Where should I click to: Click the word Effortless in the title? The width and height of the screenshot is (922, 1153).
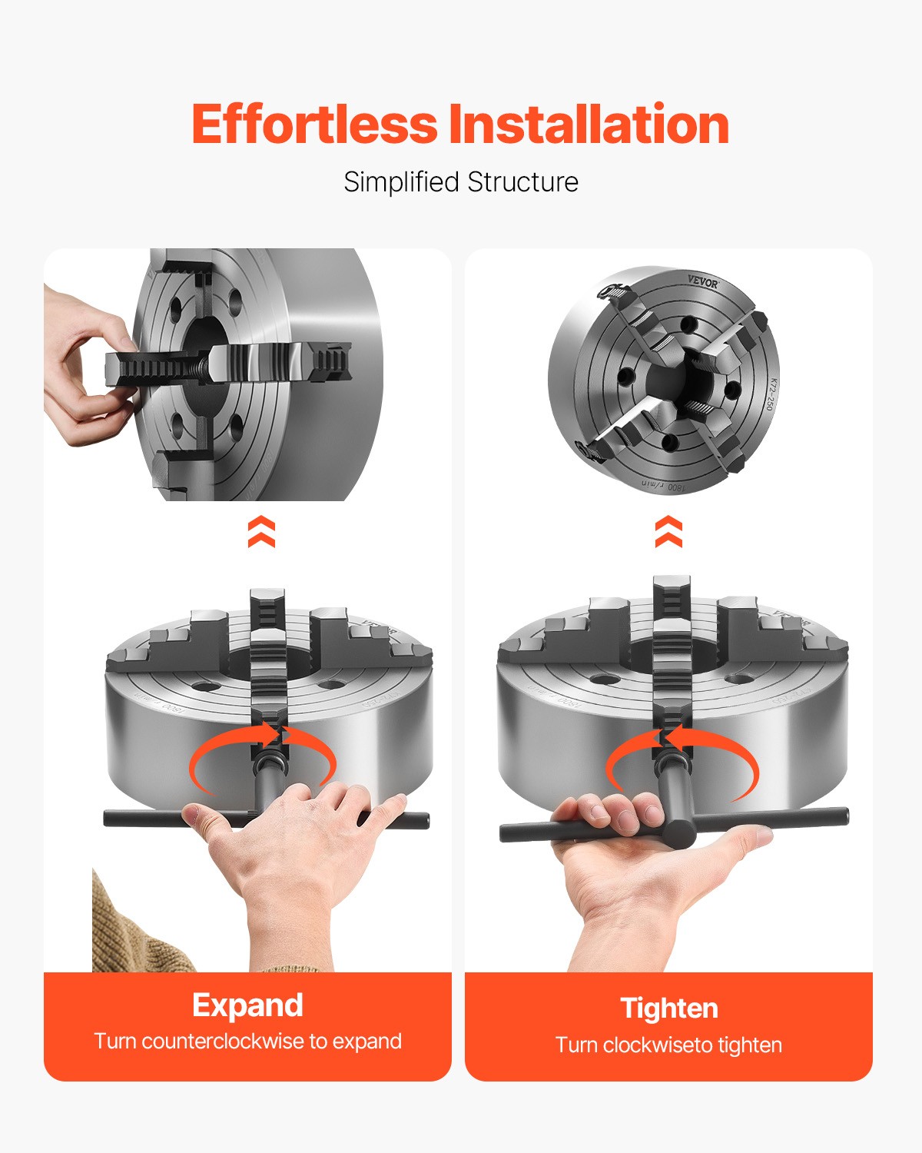pyautogui.click(x=314, y=125)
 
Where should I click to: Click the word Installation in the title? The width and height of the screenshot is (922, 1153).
pyautogui.click(x=589, y=125)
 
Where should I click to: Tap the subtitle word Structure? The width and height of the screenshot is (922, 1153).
pyautogui.click(x=522, y=182)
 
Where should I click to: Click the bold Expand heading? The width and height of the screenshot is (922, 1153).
pyautogui.click(x=247, y=1005)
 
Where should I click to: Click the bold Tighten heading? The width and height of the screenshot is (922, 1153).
pyautogui.click(x=669, y=1008)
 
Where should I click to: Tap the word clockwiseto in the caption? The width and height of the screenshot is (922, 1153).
pyautogui.click(x=658, y=1045)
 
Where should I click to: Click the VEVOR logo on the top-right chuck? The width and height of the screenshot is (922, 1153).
pyautogui.click(x=702, y=282)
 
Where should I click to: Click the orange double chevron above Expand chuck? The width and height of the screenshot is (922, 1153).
pyautogui.click(x=261, y=532)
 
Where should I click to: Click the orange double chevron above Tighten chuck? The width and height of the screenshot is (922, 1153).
pyautogui.click(x=668, y=532)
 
